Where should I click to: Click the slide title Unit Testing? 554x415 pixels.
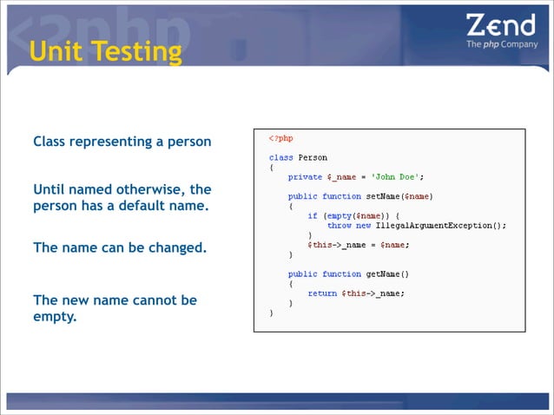105,51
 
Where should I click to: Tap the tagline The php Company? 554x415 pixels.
501,44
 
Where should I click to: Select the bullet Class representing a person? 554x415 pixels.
122,142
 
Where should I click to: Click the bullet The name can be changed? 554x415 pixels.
120,247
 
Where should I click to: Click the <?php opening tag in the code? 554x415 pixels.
280,139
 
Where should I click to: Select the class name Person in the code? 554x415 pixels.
313,158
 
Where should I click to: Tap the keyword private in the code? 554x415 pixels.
305,177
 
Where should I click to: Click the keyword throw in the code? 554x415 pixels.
340,225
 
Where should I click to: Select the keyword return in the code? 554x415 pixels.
322,293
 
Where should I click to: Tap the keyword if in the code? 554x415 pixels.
312,215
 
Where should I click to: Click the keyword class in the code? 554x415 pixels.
281,158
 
